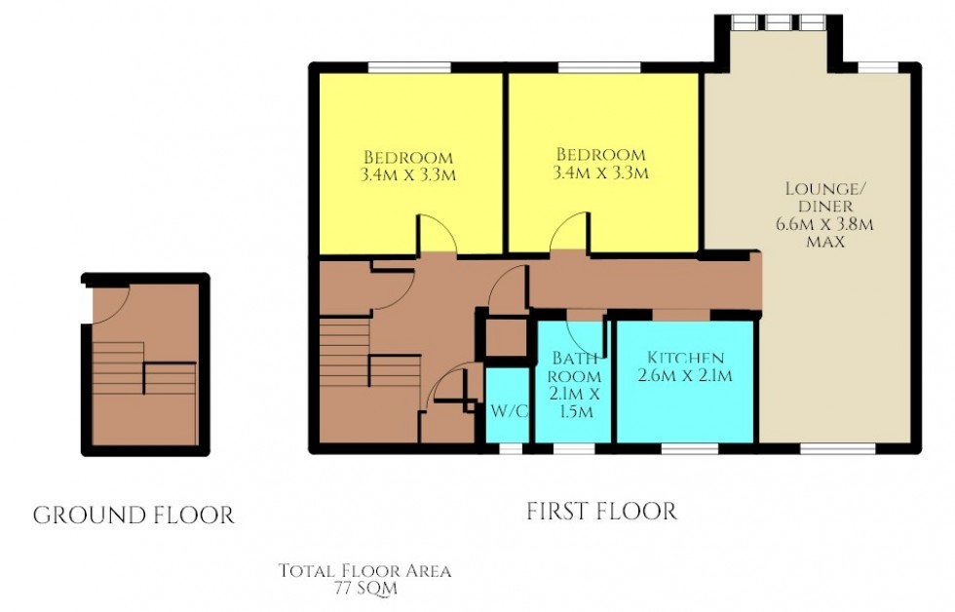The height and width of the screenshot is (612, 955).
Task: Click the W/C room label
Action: [509, 410]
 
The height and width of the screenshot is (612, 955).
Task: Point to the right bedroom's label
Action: [600, 155]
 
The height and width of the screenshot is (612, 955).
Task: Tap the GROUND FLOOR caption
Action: [134, 516]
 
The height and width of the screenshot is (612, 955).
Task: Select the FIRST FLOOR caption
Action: [601, 511]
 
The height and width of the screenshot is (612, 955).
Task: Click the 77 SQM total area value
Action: [364, 589]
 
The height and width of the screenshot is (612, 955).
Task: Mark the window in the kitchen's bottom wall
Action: [689, 449]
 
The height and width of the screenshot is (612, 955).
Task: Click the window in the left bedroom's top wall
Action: [409, 67]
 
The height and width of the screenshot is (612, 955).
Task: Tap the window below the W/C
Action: [510, 449]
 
